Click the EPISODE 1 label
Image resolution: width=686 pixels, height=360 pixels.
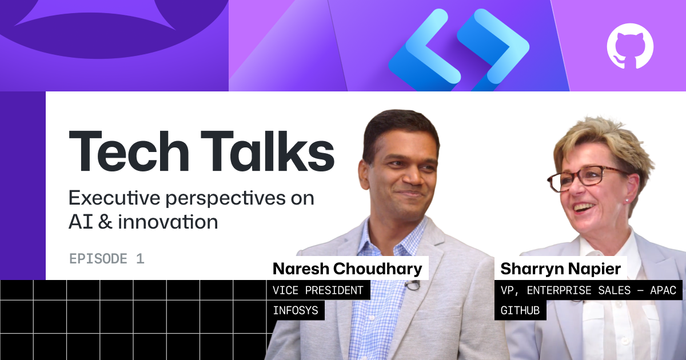[x=106, y=259]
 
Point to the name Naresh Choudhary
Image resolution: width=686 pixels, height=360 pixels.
[x=348, y=269]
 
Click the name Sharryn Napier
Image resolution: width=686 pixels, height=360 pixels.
[x=560, y=269]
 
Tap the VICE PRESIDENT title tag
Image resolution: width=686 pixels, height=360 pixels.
[x=318, y=290]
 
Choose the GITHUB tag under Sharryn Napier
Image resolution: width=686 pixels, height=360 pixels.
[x=520, y=311]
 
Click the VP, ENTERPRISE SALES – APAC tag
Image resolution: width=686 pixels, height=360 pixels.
[x=588, y=290]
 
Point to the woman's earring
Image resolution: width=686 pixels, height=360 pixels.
[x=627, y=200]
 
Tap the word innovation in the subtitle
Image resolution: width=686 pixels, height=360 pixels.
[x=168, y=222]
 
